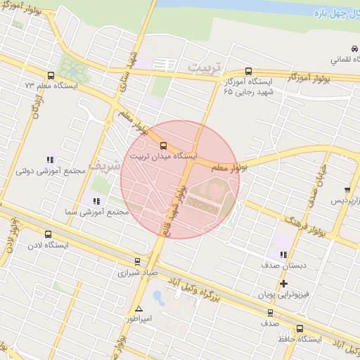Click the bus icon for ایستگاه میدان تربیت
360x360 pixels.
point(164,146)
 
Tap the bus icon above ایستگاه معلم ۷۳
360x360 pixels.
point(50,75)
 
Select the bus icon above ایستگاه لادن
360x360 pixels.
point(48,235)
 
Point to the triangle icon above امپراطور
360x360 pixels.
point(139,309)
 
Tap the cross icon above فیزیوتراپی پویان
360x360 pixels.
point(283,284)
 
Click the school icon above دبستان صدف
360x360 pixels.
point(283,255)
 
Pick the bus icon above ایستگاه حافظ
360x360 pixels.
point(300,328)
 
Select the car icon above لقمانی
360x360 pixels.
point(352,49)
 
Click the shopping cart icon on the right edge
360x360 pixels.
point(347,190)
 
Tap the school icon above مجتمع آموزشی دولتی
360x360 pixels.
point(50,160)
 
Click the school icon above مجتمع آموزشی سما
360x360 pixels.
point(96,201)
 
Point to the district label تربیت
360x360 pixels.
point(205,67)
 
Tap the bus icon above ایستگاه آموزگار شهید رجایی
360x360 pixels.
point(247,71)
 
